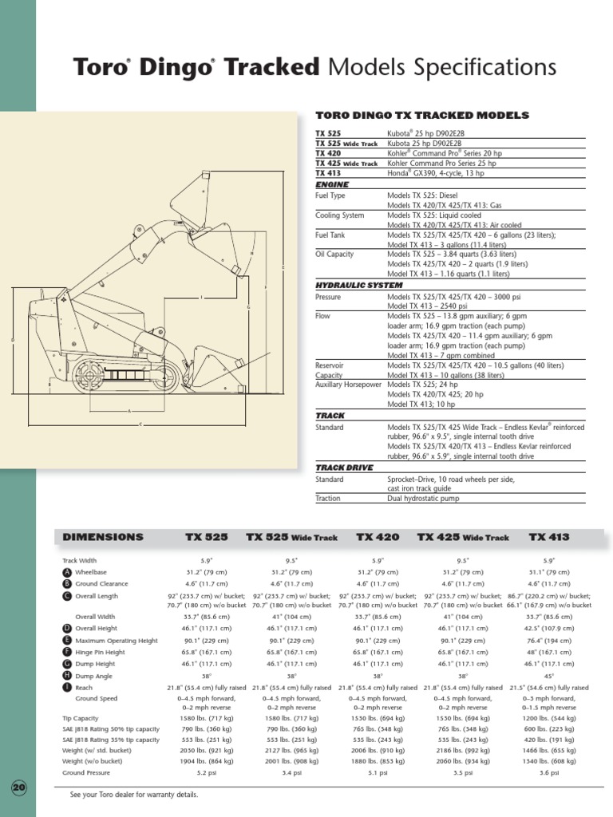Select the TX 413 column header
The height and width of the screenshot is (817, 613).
point(549,537)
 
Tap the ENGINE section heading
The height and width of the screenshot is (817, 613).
point(332,184)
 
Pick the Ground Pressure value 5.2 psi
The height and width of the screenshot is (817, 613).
point(207,772)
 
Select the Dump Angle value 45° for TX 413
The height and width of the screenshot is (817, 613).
point(548,675)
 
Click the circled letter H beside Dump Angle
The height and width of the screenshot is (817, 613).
point(67,676)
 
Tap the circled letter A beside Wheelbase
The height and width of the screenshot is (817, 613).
point(67,572)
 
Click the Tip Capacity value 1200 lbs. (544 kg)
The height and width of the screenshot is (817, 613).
point(548,718)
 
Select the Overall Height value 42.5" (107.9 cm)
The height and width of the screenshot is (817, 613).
point(548,629)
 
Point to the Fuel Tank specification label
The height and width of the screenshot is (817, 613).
point(331,235)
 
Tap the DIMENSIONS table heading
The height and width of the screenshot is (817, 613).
point(103,537)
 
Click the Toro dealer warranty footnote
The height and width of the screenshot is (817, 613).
point(134,795)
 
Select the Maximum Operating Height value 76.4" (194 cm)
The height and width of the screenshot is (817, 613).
point(548,640)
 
